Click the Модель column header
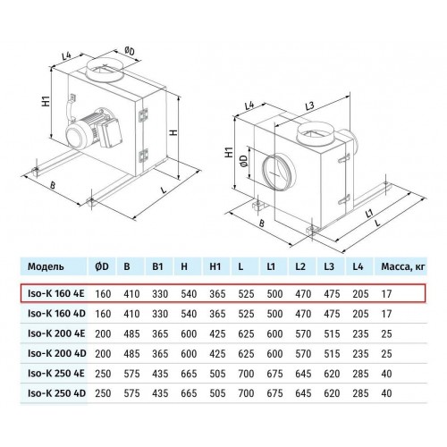coord(46,266)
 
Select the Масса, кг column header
coord(403,266)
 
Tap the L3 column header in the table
coord(329,266)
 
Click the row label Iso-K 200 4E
coord(56,333)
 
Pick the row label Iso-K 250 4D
coord(56,393)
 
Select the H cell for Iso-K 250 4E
coord(189,374)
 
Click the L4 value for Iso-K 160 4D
coord(360,314)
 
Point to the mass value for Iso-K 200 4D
coord(386,354)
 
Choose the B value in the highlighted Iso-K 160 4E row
coord(131,294)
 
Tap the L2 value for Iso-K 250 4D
coord(303,393)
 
